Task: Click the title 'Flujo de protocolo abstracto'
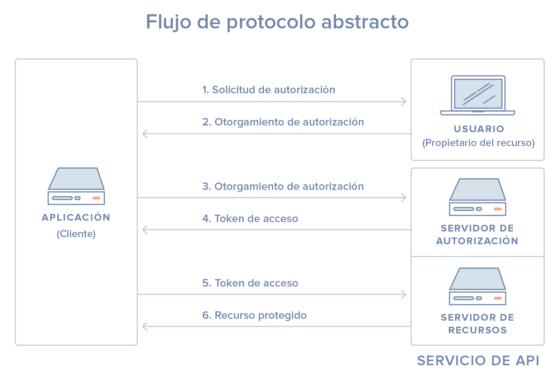coord(277,22)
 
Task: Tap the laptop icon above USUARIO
coord(478,95)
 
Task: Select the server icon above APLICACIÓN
coord(76,186)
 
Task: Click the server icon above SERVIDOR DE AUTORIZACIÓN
coord(478,197)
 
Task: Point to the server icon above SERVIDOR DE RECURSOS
coord(478,286)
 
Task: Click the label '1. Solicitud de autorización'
coord(269,90)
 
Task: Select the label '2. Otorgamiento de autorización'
coord(283,122)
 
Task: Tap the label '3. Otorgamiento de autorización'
coord(283,187)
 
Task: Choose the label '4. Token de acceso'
coord(250,219)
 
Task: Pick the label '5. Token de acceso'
coord(250,283)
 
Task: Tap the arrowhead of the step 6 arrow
coord(144,326)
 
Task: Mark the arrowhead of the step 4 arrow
coord(144,229)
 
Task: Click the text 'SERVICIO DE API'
coord(478,360)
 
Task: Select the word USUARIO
coord(479,129)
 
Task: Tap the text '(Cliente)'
coord(76,234)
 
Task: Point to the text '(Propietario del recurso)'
coord(479,143)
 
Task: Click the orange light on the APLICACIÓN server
coord(97,198)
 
